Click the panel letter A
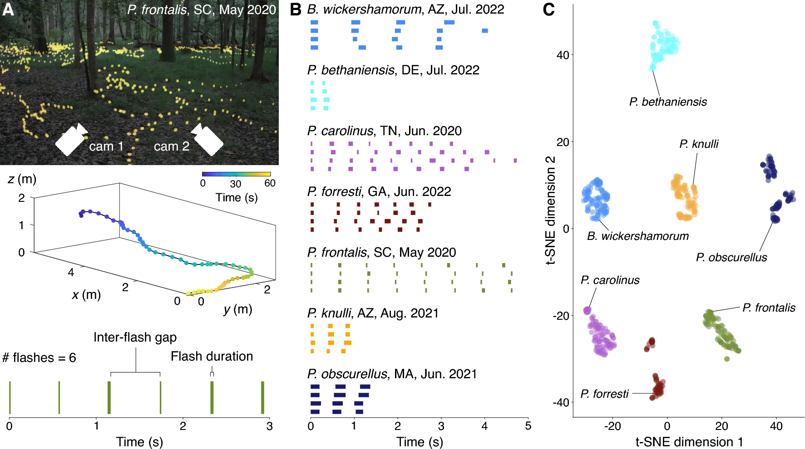8,10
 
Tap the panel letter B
296,10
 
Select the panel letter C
549,10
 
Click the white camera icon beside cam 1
71,139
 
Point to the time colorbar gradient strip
236,174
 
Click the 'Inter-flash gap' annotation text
135,337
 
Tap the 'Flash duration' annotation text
212,356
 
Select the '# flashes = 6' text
39,358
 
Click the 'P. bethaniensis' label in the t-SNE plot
668,102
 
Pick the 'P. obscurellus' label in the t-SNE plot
731,258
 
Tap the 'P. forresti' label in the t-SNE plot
604,394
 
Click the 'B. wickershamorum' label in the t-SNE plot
638,236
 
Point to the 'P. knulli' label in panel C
699,144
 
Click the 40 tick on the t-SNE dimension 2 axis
563,55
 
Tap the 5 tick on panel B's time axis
528,426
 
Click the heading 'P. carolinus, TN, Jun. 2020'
384,131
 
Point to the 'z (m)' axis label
22,179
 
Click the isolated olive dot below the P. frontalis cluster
727,359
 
